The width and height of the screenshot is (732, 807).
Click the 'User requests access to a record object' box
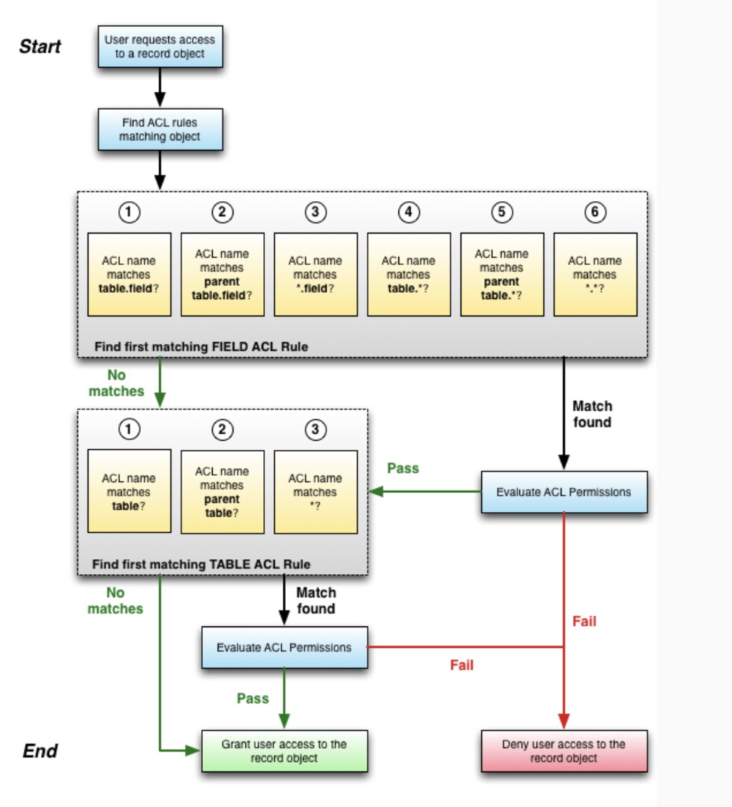tap(160, 46)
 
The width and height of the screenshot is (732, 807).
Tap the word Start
tap(40, 46)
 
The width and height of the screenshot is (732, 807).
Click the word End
tap(40, 751)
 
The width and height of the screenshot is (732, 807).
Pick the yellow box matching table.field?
tap(129, 274)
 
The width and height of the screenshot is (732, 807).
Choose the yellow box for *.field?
tap(315, 274)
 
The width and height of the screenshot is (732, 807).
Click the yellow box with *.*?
tap(595, 274)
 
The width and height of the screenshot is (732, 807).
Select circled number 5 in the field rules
tap(502, 212)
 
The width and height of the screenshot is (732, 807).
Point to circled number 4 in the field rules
tap(409, 212)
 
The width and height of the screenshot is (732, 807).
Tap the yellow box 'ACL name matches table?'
tap(129, 491)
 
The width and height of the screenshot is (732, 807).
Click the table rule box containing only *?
tap(315, 491)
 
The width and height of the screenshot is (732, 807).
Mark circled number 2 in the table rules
tap(223, 430)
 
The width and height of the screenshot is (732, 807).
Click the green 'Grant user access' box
tap(284, 751)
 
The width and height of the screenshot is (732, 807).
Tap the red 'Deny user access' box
tap(564, 751)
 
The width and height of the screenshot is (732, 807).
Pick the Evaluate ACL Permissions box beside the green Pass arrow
tap(564, 492)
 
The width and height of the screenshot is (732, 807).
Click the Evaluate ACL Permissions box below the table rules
tap(284, 647)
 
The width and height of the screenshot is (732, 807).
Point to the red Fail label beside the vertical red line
tap(584, 621)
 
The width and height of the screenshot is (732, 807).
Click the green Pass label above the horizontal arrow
tap(403, 469)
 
